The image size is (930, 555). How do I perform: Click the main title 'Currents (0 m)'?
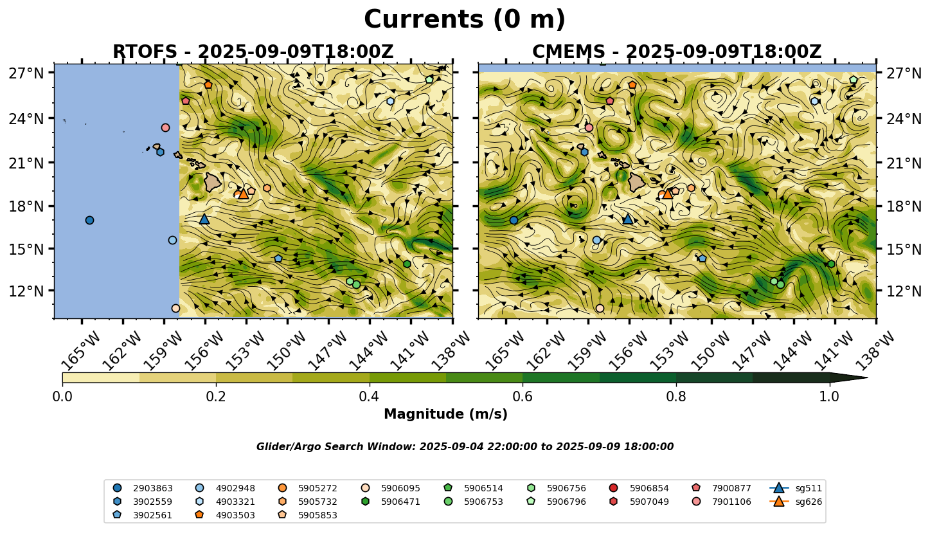coord(465,20)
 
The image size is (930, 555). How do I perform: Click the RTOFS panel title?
coord(253,52)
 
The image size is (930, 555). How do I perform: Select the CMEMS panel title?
coord(677,52)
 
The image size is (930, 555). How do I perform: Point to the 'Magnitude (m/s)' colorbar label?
coord(445,414)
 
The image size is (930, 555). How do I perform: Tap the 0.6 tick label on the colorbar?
coord(523,396)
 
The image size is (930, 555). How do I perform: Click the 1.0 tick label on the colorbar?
coord(829,396)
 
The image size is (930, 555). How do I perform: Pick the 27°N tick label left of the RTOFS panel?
coord(26,73)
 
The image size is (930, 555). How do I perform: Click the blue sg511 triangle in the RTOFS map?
coord(204,219)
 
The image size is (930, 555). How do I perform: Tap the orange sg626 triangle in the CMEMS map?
coord(667,194)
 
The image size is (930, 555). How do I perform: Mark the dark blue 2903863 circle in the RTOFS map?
coord(89,220)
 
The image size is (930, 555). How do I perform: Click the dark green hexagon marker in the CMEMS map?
coord(831,264)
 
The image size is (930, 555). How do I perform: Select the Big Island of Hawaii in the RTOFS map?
coord(212,183)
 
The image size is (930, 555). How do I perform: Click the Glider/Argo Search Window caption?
coord(465,447)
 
